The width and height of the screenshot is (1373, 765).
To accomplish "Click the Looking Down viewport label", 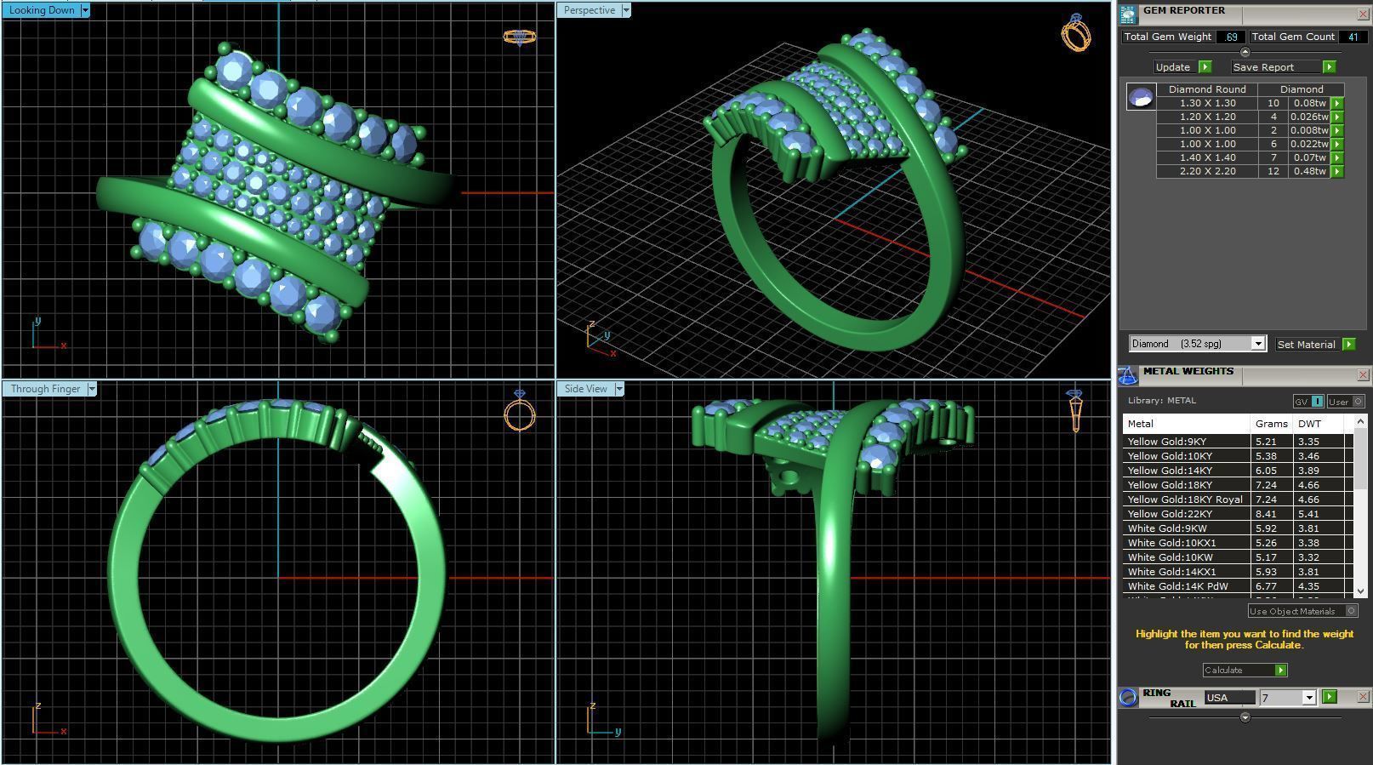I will (x=41, y=10).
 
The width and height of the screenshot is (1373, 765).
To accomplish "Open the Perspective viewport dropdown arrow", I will (x=626, y=10).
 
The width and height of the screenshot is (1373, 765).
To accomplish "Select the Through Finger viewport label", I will (x=45, y=389).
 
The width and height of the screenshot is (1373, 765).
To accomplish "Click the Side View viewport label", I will (x=585, y=389).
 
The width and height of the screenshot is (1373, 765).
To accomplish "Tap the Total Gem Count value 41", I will (x=1352, y=37).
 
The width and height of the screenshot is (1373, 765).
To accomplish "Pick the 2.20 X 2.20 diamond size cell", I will (x=1207, y=171).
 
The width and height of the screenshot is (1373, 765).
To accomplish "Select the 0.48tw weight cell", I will (x=1309, y=171).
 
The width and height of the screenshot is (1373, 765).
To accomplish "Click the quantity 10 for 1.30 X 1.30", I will (x=1273, y=103).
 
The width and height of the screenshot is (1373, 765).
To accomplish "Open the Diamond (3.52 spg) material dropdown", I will (x=1257, y=344).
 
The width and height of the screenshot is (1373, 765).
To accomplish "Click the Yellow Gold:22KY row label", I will (x=1170, y=514).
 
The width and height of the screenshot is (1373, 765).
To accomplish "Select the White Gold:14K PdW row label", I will (x=1177, y=586).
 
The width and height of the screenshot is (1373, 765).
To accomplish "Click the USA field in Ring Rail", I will (x=1229, y=698).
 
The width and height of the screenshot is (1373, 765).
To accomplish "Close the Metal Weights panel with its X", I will (x=1362, y=375).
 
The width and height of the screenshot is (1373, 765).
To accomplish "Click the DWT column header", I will (x=1309, y=424).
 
